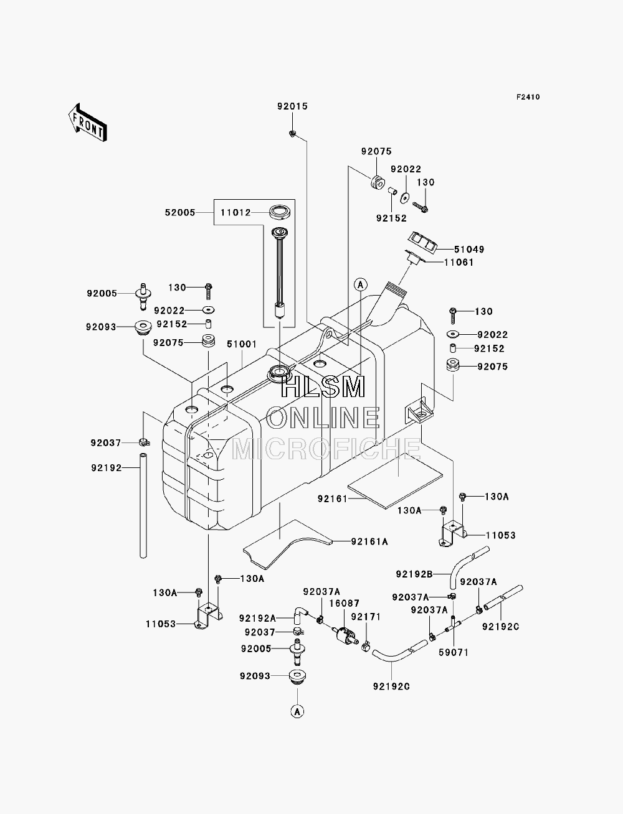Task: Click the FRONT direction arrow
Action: [88, 123]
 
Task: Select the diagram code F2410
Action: [528, 97]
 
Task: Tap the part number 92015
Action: [293, 106]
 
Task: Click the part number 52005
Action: [180, 212]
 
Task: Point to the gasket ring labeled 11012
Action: [280, 213]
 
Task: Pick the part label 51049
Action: [469, 249]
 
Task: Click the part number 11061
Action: [459, 263]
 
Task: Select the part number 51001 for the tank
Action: [242, 344]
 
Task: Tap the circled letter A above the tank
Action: [361, 285]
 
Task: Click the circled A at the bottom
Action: [297, 711]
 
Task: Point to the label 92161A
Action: [369, 542]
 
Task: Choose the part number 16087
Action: [345, 604]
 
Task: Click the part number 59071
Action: [454, 652]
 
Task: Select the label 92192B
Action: [414, 574]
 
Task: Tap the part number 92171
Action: [366, 617]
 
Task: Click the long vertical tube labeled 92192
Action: [143, 505]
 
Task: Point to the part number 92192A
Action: [257, 618]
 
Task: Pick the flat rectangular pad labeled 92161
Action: [396, 480]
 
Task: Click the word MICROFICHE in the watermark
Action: [326, 449]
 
